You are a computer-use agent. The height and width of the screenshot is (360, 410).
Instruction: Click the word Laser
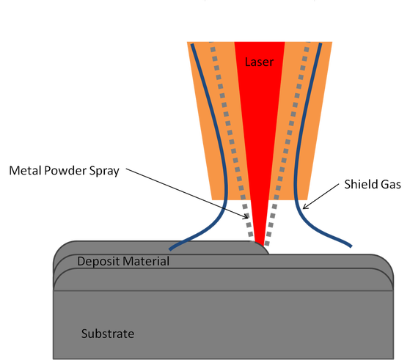point(259,62)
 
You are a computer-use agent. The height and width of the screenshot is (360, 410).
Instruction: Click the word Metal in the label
point(26,170)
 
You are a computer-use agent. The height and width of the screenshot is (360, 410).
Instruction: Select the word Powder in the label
point(65,170)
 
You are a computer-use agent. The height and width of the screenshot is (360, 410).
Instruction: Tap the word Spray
point(104,172)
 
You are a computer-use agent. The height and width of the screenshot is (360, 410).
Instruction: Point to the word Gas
point(391,184)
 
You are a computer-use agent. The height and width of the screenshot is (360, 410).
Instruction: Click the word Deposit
point(98,262)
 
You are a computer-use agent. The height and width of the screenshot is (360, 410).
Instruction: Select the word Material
point(146,261)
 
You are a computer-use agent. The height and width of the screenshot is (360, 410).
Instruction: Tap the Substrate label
point(108,334)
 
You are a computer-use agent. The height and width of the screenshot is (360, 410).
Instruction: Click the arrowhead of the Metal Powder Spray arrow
point(247,218)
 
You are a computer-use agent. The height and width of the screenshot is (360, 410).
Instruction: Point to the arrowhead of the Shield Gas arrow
point(304,207)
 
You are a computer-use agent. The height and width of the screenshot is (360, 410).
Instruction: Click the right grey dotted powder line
point(287,142)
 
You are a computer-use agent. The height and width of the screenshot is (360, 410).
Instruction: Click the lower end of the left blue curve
point(170,249)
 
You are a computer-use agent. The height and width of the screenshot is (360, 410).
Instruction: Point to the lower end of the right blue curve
point(351,246)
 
